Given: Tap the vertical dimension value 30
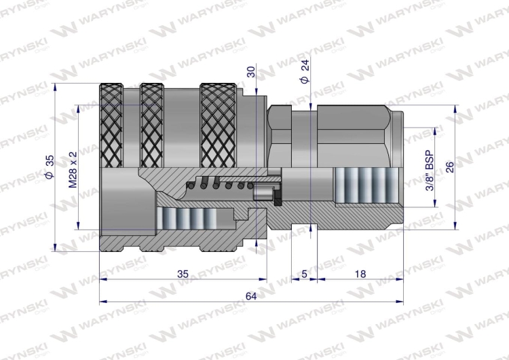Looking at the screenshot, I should click(x=251, y=72).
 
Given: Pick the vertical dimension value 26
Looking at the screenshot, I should click(x=450, y=167).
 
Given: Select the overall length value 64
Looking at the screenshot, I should click(x=251, y=295).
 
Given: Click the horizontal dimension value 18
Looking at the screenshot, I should click(x=360, y=274).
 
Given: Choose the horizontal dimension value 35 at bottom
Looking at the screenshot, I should click(x=182, y=274).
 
